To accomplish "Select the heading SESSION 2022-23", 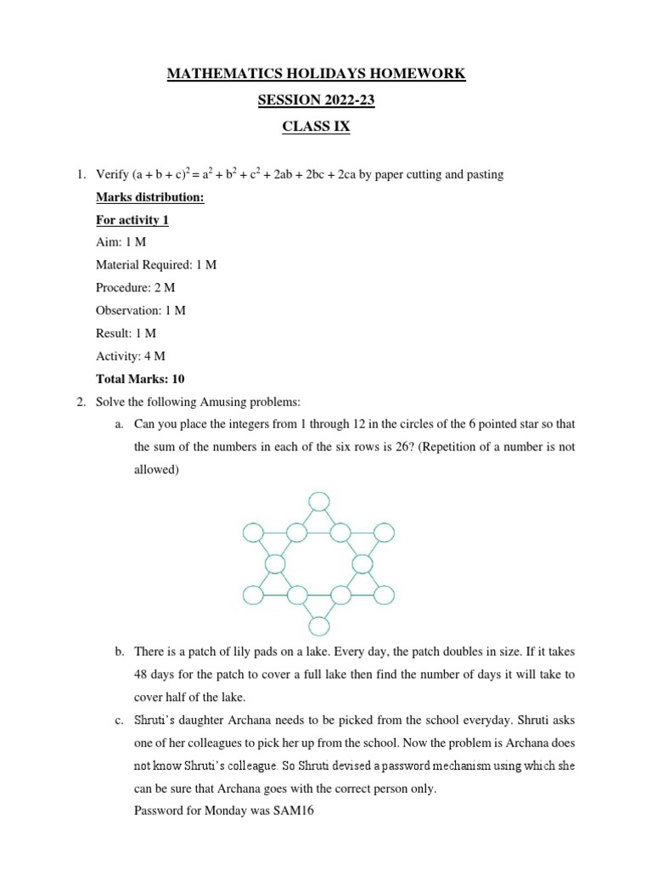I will tap(316, 100).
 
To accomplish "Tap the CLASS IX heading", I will tap(316, 127).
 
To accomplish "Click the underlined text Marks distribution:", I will tap(149, 197).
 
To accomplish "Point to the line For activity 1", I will tap(132, 219).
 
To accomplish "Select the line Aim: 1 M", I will tap(121, 242).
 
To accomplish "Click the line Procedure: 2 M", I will tap(136, 288).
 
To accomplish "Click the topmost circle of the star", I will tap(318, 501).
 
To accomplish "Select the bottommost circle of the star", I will tap(318, 627).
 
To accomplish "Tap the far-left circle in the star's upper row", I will tap(253, 533).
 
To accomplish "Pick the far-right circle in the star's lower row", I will tap(385, 595).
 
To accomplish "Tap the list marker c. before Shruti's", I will tap(118, 720).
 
